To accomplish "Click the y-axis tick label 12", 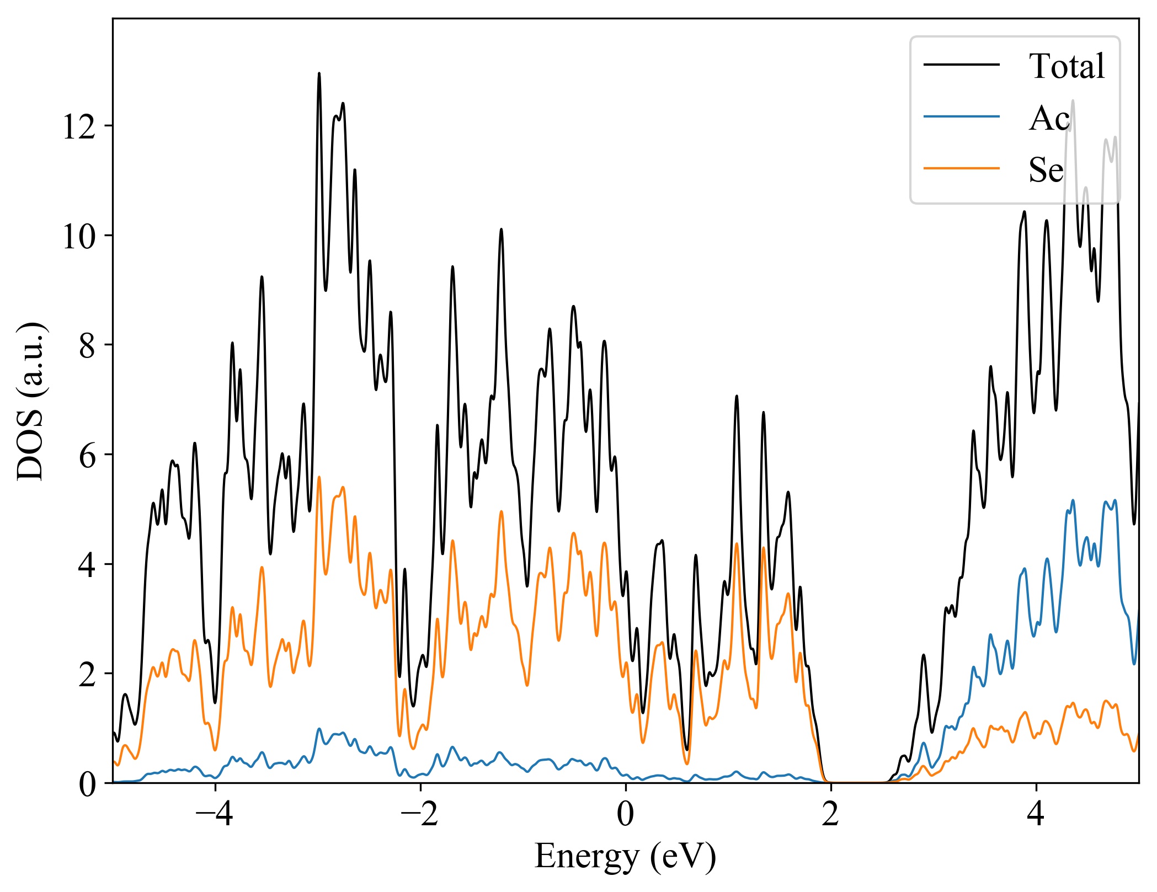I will [79, 127].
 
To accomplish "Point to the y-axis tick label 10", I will [79, 237].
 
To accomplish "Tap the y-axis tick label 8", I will [88, 346].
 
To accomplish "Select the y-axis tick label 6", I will [88, 456].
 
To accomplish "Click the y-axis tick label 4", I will [88, 565].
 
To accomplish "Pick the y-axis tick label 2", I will [88, 674].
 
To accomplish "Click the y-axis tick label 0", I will [88, 784].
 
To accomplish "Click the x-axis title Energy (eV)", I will [625, 857].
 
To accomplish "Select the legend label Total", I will [1067, 66].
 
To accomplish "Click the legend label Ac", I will [1049, 117].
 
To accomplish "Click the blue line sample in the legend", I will [962, 116].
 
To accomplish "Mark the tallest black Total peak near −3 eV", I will [319, 74].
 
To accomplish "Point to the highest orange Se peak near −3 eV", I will [319, 477].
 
